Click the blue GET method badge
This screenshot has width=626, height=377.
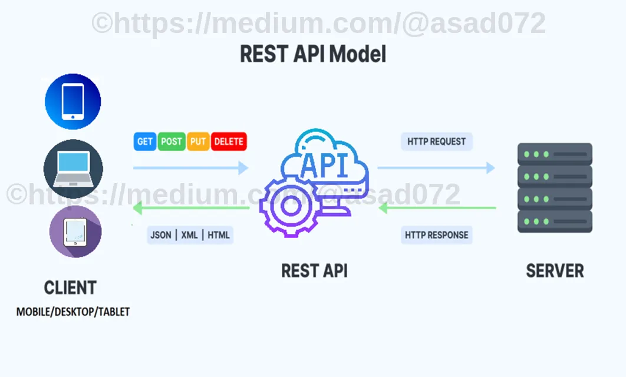(x=144, y=141)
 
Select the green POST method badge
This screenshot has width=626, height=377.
(x=172, y=141)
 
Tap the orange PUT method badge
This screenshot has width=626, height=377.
(x=198, y=141)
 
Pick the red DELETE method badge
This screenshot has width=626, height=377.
(x=229, y=141)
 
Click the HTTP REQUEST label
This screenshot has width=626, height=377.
(x=436, y=141)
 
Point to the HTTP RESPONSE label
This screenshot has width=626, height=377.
(x=436, y=235)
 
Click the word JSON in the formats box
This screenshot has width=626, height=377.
(x=161, y=235)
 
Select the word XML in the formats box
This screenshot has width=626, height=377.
(x=189, y=235)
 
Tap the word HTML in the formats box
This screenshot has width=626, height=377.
(x=218, y=235)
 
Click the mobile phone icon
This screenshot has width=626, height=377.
(x=73, y=101)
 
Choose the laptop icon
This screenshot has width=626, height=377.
(x=73, y=168)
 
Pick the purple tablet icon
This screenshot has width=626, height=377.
(x=75, y=232)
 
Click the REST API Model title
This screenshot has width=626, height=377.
(x=313, y=54)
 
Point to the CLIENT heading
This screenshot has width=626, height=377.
(x=70, y=287)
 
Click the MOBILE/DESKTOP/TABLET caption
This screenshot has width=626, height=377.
(x=73, y=312)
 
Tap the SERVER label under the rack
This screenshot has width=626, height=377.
(x=555, y=271)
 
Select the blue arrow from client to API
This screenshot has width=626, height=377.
(x=191, y=168)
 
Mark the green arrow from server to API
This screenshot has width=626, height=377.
(x=437, y=208)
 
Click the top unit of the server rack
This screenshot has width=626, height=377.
(x=555, y=154)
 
